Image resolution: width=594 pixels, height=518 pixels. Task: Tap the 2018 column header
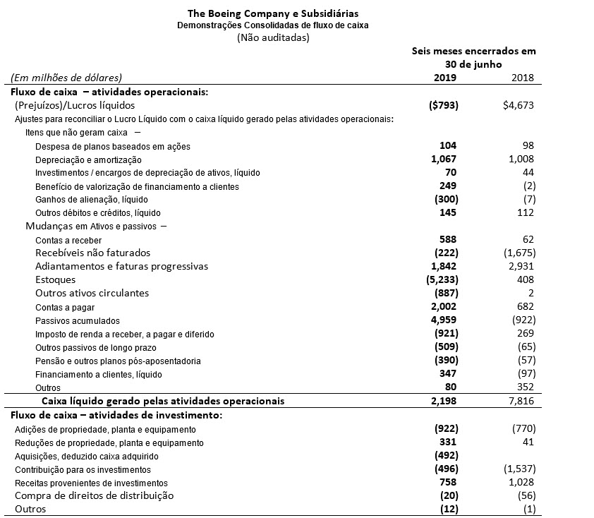[523, 78]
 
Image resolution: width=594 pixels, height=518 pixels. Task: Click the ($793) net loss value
[444, 106]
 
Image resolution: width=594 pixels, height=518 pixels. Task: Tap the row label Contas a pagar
[65, 308]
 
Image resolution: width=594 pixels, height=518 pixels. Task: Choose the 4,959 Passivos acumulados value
[444, 320]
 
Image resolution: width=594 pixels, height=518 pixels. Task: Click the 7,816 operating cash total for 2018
[521, 401]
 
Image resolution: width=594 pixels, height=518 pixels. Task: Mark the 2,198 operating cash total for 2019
[444, 401]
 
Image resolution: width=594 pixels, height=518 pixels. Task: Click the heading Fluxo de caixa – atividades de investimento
[115, 414]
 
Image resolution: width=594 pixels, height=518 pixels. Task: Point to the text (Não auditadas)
[273, 38]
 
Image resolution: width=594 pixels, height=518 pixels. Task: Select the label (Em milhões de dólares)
[66, 78]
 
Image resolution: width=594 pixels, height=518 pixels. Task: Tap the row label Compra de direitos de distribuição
[94, 495]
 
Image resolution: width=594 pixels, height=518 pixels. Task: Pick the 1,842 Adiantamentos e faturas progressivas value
[444, 266]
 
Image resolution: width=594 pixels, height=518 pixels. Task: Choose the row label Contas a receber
[68, 241]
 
